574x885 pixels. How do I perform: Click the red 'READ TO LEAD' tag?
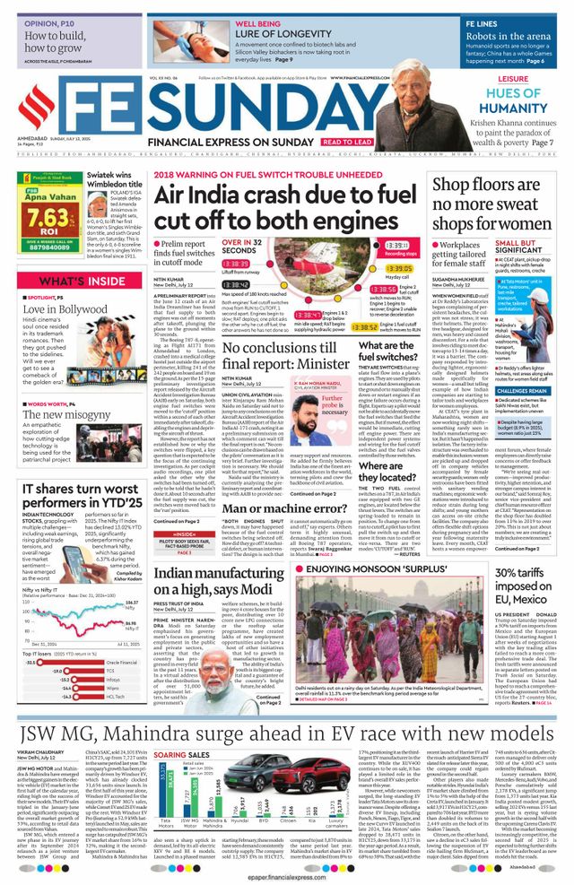(347, 142)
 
